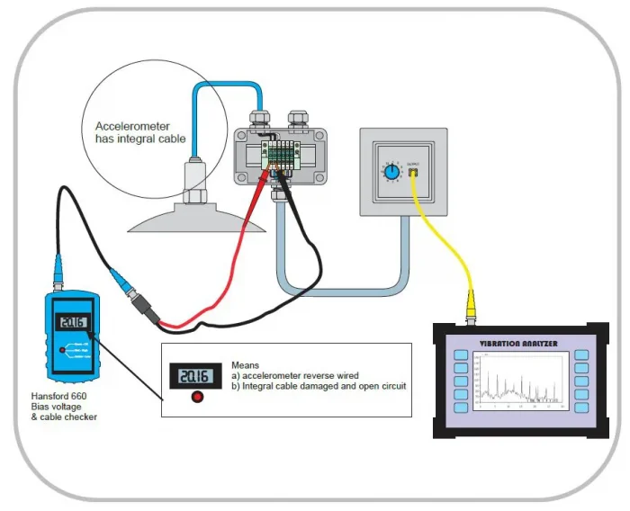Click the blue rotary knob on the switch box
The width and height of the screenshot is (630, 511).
391,170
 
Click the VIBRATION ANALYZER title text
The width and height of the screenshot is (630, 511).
520,343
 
